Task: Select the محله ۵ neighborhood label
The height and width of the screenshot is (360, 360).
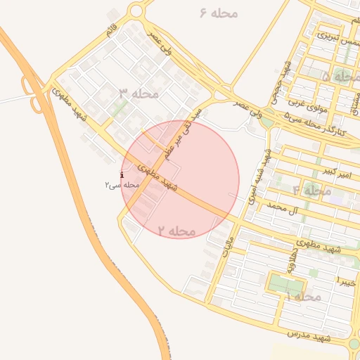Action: pyautogui.click(x=336, y=76)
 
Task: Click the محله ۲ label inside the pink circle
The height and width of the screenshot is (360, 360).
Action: pyautogui.click(x=176, y=231)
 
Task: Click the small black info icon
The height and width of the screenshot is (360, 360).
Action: pyautogui.click(x=122, y=174)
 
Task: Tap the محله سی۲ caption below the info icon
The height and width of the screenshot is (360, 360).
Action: pyautogui.click(x=121, y=184)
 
